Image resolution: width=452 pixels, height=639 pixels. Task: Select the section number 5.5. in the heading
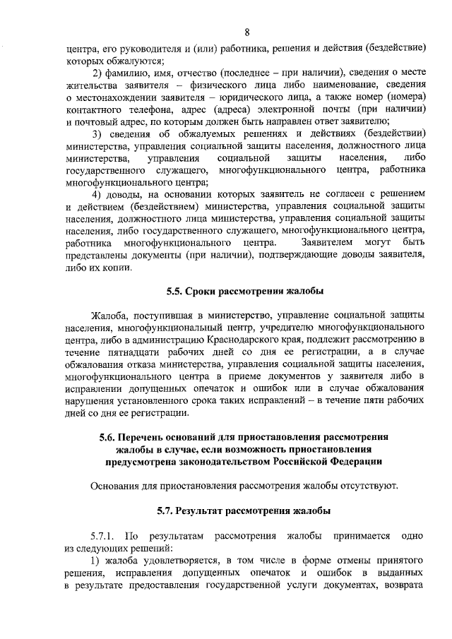point(175,289)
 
